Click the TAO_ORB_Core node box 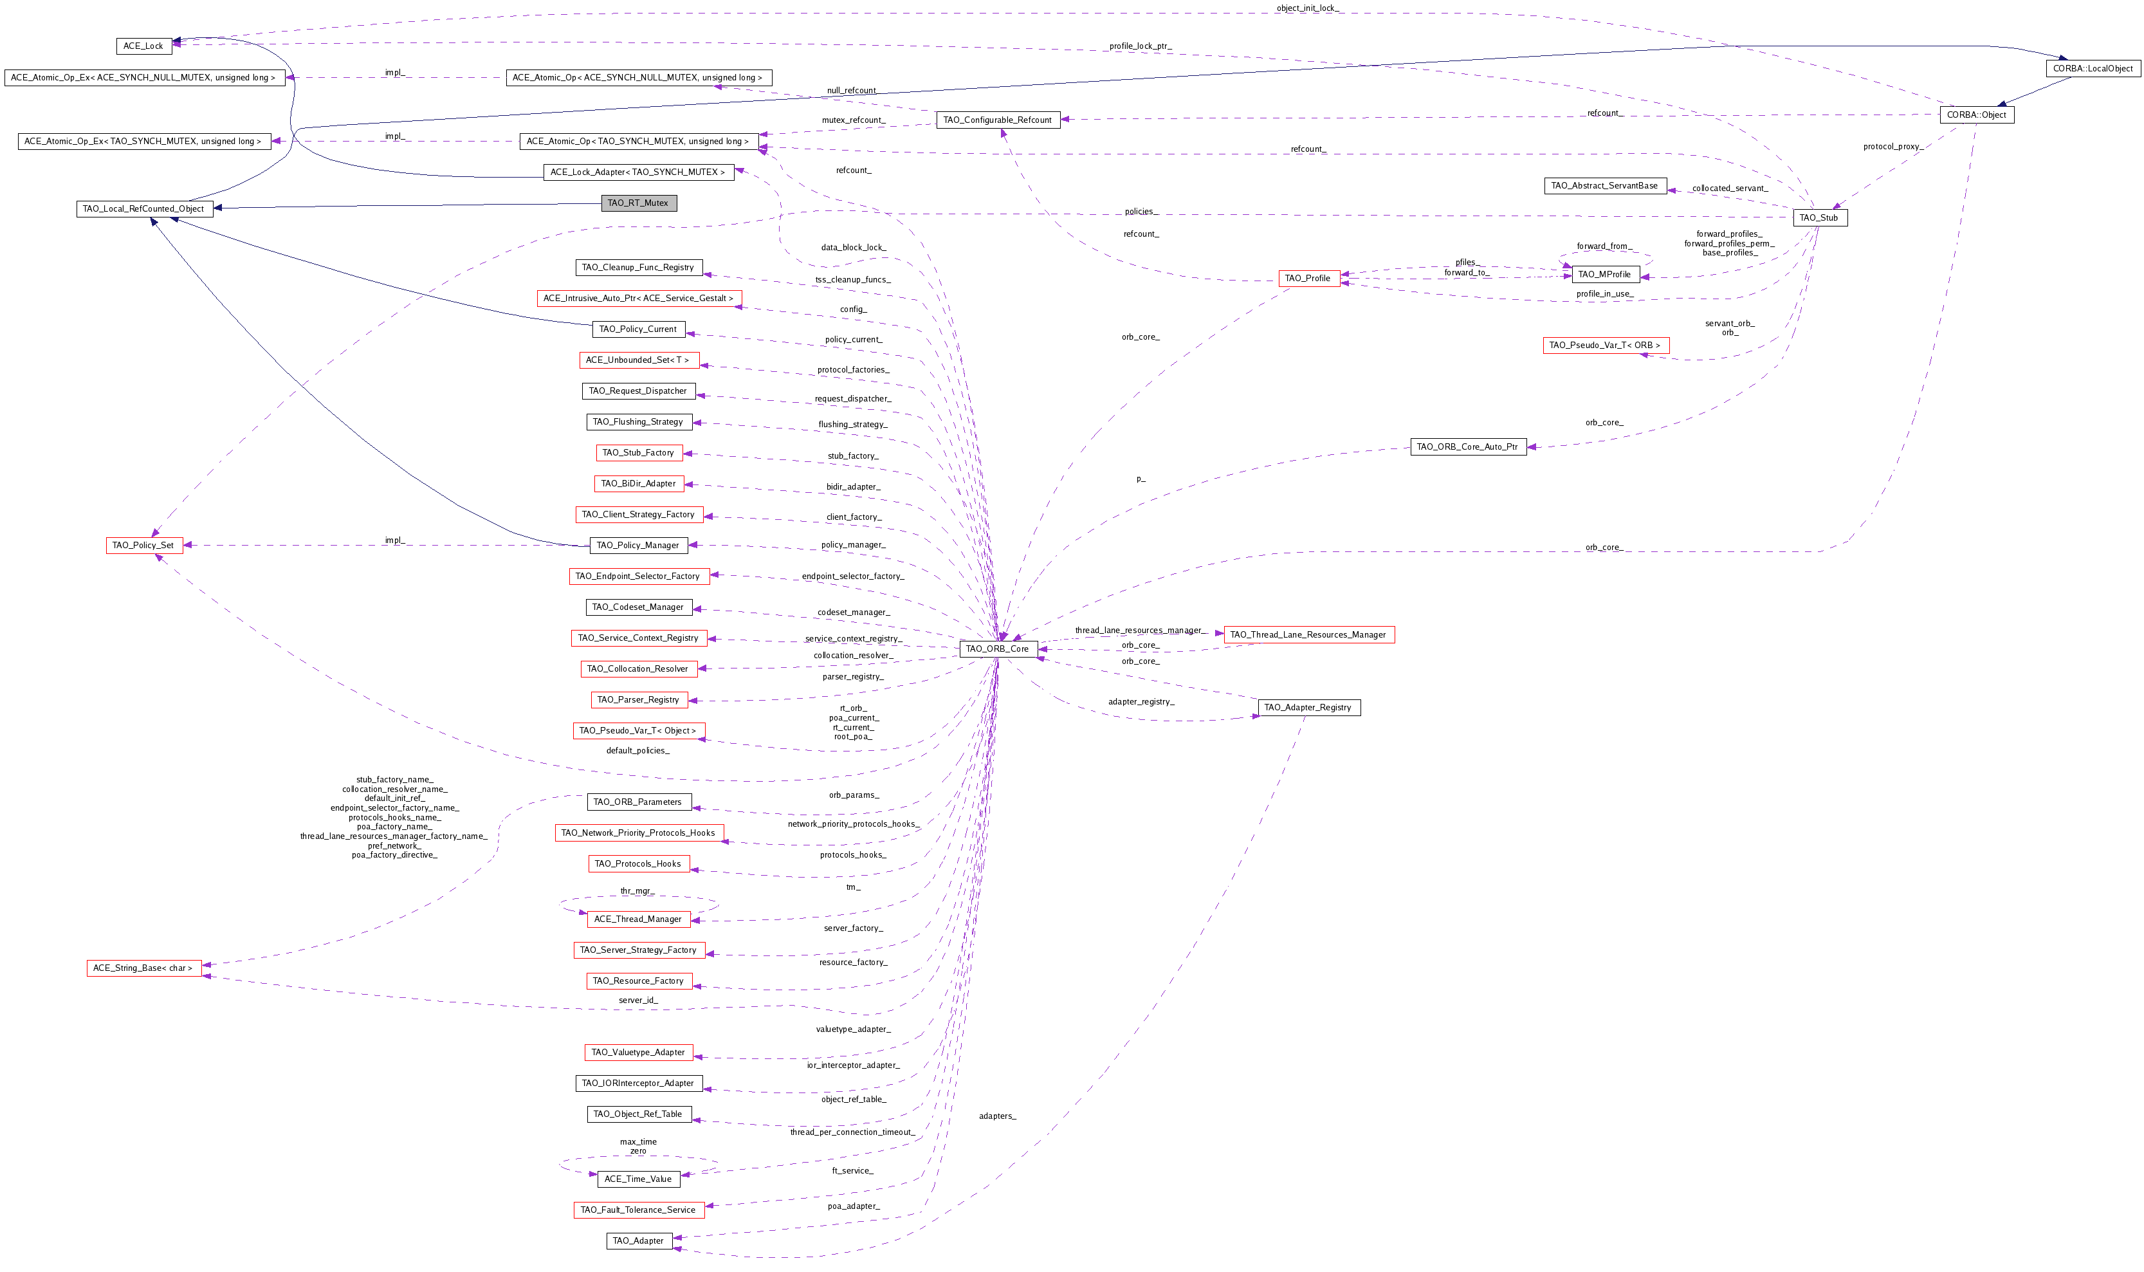(998, 649)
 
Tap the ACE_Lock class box (143, 46)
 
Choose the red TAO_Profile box (1308, 279)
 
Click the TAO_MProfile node (1604, 274)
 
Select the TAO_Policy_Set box (144, 545)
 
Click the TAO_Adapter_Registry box (1308, 707)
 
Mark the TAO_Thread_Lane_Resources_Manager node (1308, 634)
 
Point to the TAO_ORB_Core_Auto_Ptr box (1467, 447)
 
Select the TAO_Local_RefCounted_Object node (144, 209)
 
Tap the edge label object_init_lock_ (1308, 8)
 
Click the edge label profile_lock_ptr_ (1140, 46)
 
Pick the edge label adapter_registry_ (1141, 701)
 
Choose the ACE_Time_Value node (638, 1179)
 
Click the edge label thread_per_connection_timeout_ (852, 1132)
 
